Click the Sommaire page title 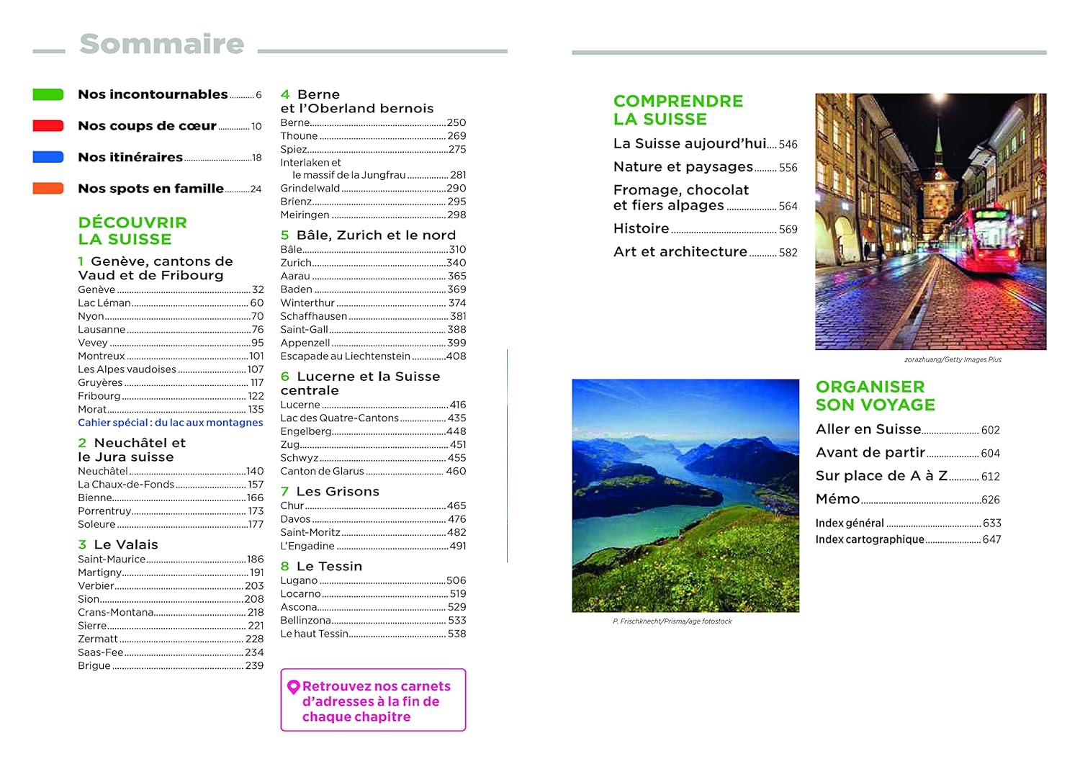click(162, 44)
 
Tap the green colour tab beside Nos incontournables click(48, 94)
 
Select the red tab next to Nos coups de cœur click(48, 126)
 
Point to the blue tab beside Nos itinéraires click(48, 157)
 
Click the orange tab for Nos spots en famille click(48, 189)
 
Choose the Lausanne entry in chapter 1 click(102, 330)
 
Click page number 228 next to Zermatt click(254, 639)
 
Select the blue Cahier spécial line click(171, 423)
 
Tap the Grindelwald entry click(310, 189)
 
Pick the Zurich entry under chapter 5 click(296, 263)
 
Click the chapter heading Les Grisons click(337, 492)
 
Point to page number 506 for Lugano click(456, 580)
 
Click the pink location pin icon click(293, 687)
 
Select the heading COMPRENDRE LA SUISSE click(678, 110)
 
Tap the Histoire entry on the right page click(641, 229)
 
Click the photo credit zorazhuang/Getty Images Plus click(953, 359)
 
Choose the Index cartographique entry click(869, 539)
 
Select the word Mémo click(837, 499)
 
